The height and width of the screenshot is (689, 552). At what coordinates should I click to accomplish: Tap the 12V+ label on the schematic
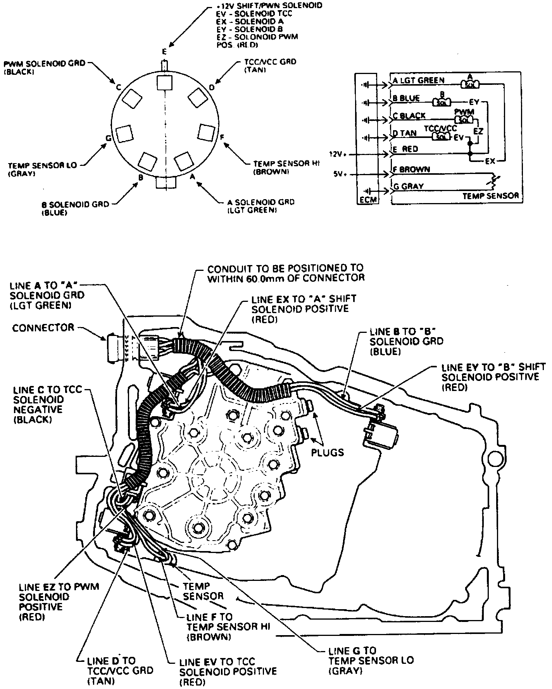pos(338,154)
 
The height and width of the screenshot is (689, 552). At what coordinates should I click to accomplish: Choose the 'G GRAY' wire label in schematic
pos(408,186)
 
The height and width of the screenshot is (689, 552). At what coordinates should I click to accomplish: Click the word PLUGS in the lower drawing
pos(328,452)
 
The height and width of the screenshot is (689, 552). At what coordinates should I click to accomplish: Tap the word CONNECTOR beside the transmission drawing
pos(43,328)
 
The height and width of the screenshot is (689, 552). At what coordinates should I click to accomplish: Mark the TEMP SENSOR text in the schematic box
pos(490,196)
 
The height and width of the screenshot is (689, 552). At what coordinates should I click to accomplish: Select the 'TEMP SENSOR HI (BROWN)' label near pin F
pos(280,167)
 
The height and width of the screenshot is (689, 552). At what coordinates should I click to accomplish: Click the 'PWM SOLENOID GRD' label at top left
pos(44,67)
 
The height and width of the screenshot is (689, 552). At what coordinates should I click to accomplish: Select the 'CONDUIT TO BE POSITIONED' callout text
pos(286,273)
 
